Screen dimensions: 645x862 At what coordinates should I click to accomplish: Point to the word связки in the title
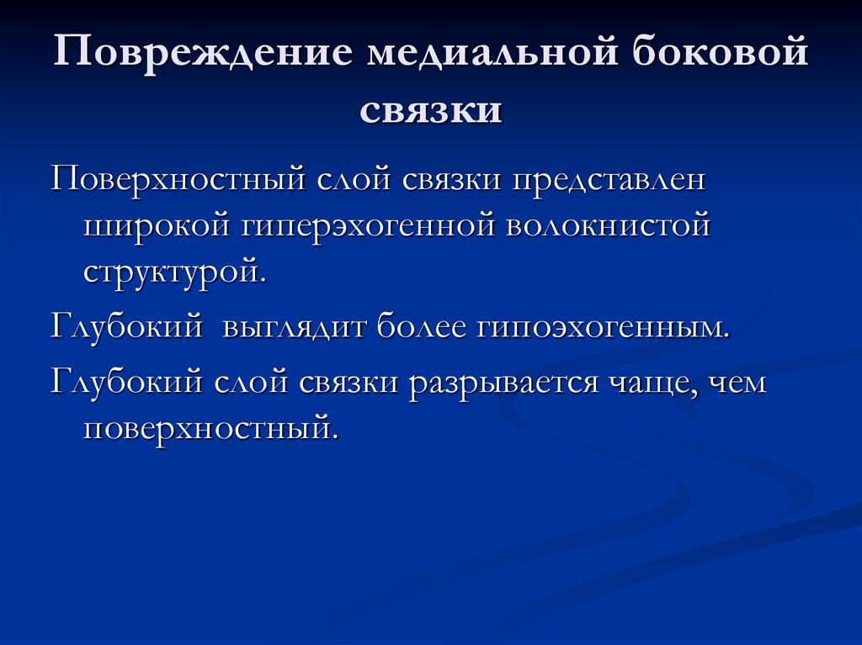pyautogui.click(x=431, y=109)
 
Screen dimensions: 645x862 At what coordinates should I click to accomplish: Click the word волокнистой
pyautogui.click(x=609, y=227)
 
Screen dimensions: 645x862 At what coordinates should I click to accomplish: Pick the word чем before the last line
pyautogui.click(x=737, y=383)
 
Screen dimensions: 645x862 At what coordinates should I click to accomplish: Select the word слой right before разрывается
pyautogui.click(x=253, y=383)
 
